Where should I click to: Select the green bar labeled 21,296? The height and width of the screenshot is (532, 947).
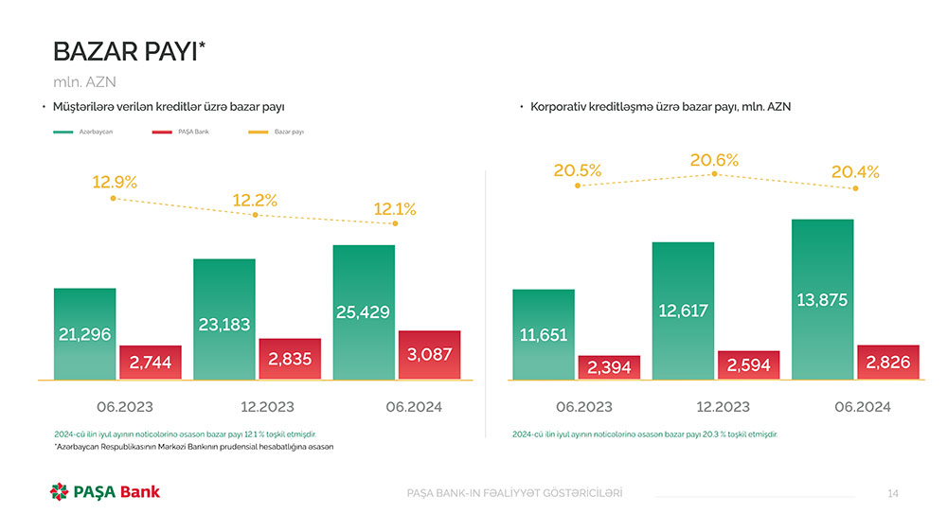click(x=84, y=334)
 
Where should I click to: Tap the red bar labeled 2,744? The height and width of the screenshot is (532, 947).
click(x=150, y=363)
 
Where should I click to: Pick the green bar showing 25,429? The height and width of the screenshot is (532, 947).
click(x=364, y=312)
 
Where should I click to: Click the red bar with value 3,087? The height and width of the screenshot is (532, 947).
click(x=429, y=355)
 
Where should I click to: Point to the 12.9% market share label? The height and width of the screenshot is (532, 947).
click(x=115, y=183)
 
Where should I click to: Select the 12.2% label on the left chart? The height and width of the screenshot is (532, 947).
click(x=255, y=201)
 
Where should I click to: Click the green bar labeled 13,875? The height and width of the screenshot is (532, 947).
click(x=822, y=300)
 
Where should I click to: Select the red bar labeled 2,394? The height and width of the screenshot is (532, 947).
click(x=609, y=367)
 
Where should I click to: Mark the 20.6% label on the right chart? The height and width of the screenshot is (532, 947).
click(x=714, y=161)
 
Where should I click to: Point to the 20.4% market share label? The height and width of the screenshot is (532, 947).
click(x=855, y=172)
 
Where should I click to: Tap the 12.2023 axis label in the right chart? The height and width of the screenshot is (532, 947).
click(x=723, y=407)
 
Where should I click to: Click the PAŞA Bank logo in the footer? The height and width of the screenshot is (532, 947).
click(x=105, y=492)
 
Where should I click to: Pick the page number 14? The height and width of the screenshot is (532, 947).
click(x=893, y=493)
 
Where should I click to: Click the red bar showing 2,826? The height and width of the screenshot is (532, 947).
click(x=888, y=363)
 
